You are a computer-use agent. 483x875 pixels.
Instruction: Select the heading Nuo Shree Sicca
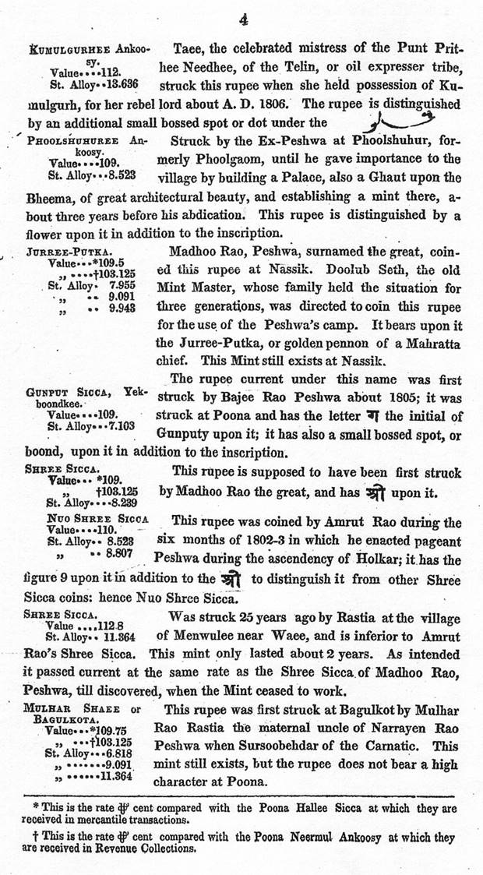tap(97, 517)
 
